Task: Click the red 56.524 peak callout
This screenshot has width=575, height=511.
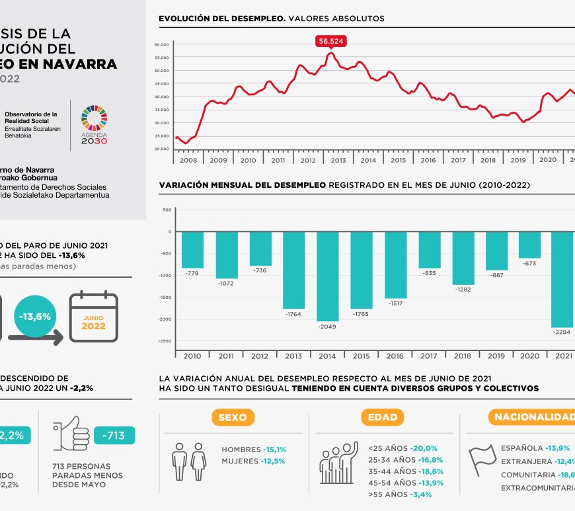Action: click(x=331, y=41)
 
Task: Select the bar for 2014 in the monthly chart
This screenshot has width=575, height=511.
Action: click(x=327, y=276)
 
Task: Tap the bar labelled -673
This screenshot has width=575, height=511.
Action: click(x=529, y=245)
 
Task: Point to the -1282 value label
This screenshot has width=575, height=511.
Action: click(x=462, y=289)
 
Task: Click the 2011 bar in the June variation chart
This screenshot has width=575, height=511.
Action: click(x=226, y=255)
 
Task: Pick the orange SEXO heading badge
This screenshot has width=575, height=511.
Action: click(x=232, y=417)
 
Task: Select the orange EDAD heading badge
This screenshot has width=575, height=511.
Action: click(x=383, y=417)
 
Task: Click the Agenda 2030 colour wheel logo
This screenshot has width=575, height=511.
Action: click(x=94, y=120)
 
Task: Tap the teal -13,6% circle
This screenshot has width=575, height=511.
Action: click(x=35, y=317)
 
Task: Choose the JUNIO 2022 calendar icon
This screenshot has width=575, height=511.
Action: click(x=94, y=317)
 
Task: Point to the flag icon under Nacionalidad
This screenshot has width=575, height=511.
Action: click(x=482, y=457)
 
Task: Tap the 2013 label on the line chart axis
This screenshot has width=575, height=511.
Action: click(x=338, y=160)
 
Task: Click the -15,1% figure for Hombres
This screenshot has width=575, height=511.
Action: click(x=274, y=450)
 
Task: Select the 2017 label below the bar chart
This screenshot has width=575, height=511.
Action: click(x=429, y=356)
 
